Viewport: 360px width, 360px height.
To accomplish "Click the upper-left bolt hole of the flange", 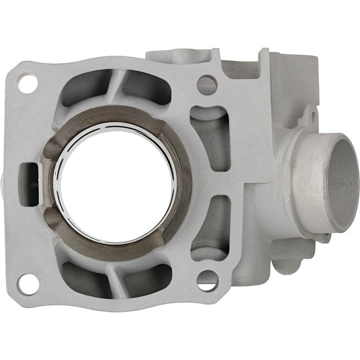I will (27, 84).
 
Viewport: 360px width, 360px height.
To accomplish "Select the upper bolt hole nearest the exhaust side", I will (207, 85).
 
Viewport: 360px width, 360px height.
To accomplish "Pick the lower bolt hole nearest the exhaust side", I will (207, 280).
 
